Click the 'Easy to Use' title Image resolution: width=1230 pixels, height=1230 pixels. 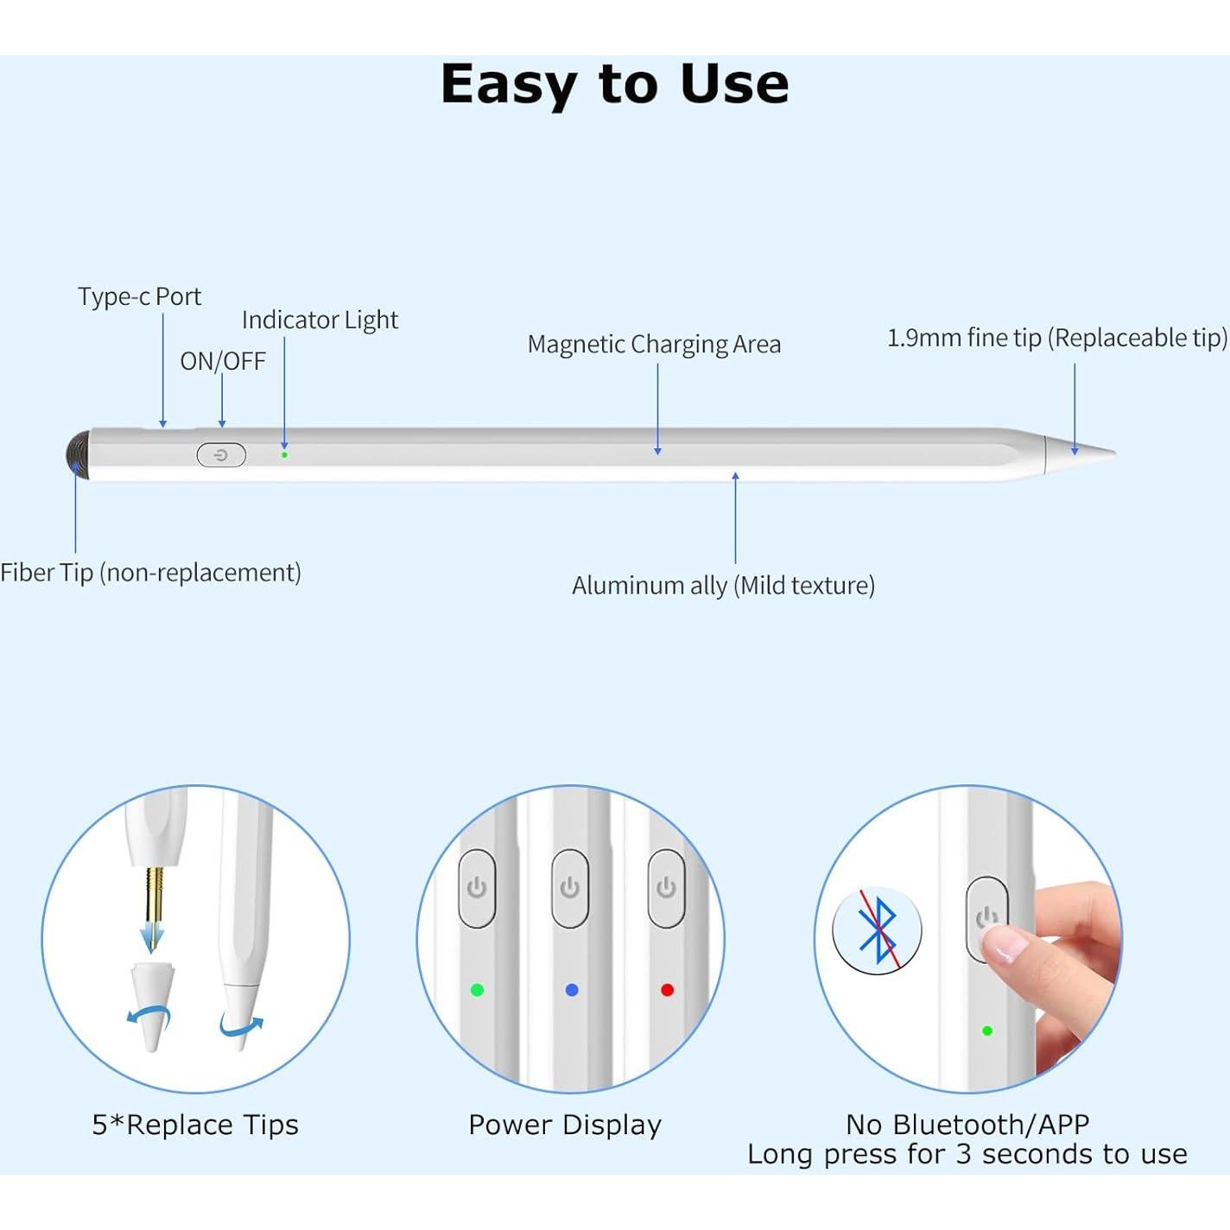point(614,85)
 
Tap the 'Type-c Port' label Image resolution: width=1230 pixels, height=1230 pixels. point(139,297)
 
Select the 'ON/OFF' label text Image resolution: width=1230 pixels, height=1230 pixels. point(223,361)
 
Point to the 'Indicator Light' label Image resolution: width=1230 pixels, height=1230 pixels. point(320,320)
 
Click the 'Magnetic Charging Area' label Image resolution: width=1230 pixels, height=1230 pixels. point(654,345)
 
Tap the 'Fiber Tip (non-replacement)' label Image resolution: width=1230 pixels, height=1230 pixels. point(151,573)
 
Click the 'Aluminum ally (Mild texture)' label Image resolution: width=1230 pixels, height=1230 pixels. point(723,586)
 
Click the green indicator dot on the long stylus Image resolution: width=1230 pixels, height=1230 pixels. point(284,454)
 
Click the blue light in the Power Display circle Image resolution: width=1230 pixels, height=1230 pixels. point(571,990)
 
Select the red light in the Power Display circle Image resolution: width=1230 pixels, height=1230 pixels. point(667,990)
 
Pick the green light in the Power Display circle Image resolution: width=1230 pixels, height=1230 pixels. point(477,990)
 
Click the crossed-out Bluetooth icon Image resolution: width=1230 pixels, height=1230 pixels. point(877,930)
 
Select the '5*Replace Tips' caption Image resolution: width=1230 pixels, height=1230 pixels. point(195,1125)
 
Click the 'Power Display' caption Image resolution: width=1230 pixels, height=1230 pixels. point(565,1125)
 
